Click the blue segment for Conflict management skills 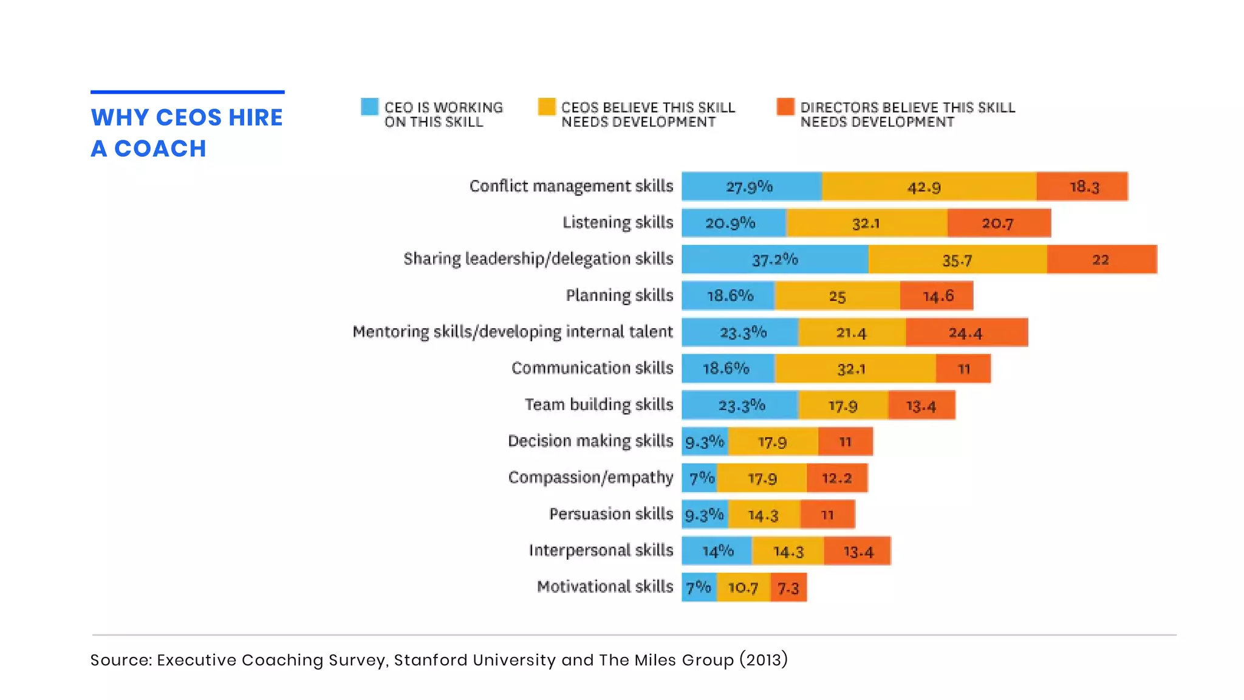(751, 187)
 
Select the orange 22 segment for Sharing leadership (1101, 259)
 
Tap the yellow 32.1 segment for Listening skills (866, 223)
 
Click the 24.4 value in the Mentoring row (966, 332)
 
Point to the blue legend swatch (369, 107)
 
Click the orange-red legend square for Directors (785, 107)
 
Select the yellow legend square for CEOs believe (547, 107)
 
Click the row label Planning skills (619, 295)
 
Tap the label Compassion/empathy (590, 478)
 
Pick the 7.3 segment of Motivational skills (788, 588)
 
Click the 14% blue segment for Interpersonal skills (717, 551)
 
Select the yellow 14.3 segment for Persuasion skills (764, 515)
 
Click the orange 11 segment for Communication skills (963, 369)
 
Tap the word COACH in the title (160, 149)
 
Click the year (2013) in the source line (764, 660)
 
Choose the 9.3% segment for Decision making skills (705, 442)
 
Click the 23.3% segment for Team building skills (740, 405)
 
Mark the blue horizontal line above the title (187, 92)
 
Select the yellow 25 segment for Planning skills (837, 296)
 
